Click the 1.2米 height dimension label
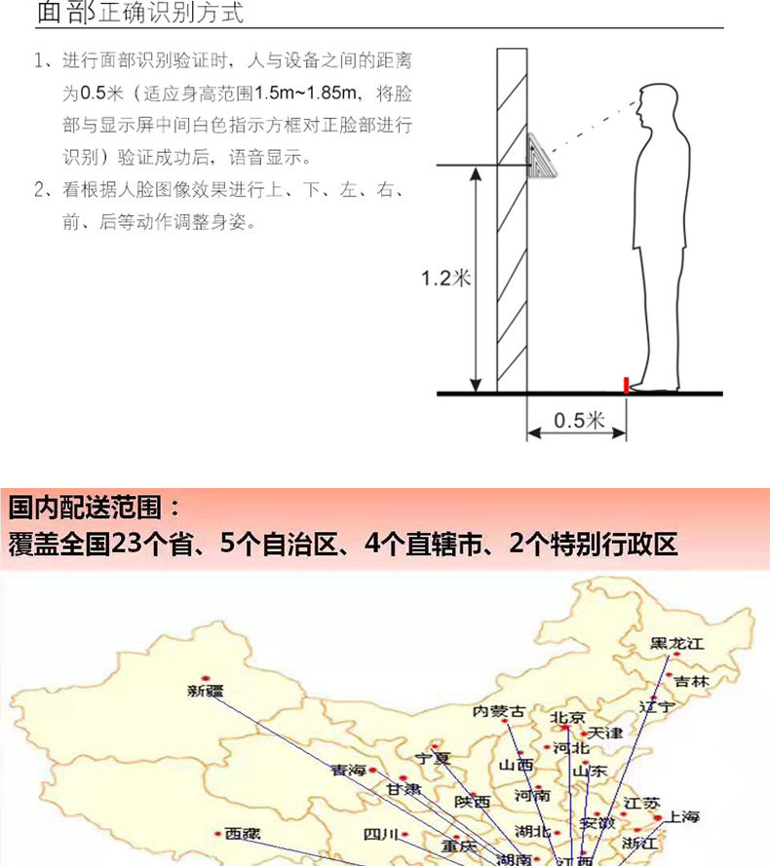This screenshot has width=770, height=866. coord(445,279)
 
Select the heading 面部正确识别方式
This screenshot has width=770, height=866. coord(139,15)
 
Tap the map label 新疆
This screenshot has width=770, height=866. coord(205,692)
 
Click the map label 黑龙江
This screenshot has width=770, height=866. coord(676,644)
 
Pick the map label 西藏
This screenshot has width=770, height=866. coord(243,834)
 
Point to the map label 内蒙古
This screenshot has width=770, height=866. coord(498,712)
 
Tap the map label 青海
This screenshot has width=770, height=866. coord(349,770)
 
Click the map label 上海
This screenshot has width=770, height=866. coord(677,816)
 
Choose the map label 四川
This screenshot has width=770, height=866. coord(380,834)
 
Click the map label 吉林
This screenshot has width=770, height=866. coord(691,681)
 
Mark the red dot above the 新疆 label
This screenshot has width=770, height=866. coord(205,678)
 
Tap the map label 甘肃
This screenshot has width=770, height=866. coord(403,789)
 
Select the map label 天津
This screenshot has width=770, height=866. coord(605,732)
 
